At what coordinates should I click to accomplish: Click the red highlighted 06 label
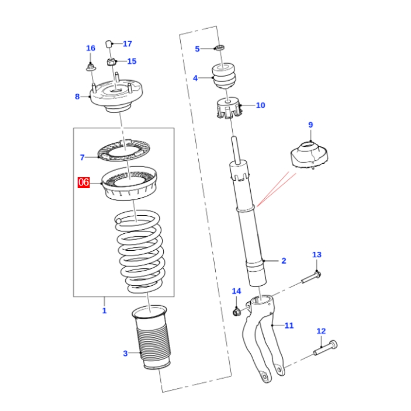[84, 182]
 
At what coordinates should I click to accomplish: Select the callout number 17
[127, 44]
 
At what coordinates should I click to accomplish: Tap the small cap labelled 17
[109, 43]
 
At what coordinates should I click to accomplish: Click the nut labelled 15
[110, 62]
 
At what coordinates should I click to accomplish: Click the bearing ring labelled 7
[121, 154]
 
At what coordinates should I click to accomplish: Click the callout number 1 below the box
[104, 310]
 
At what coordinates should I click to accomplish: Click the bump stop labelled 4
[225, 76]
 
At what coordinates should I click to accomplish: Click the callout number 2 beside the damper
[283, 261]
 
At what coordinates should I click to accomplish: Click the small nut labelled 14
[237, 311]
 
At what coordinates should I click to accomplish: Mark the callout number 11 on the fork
[289, 325]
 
